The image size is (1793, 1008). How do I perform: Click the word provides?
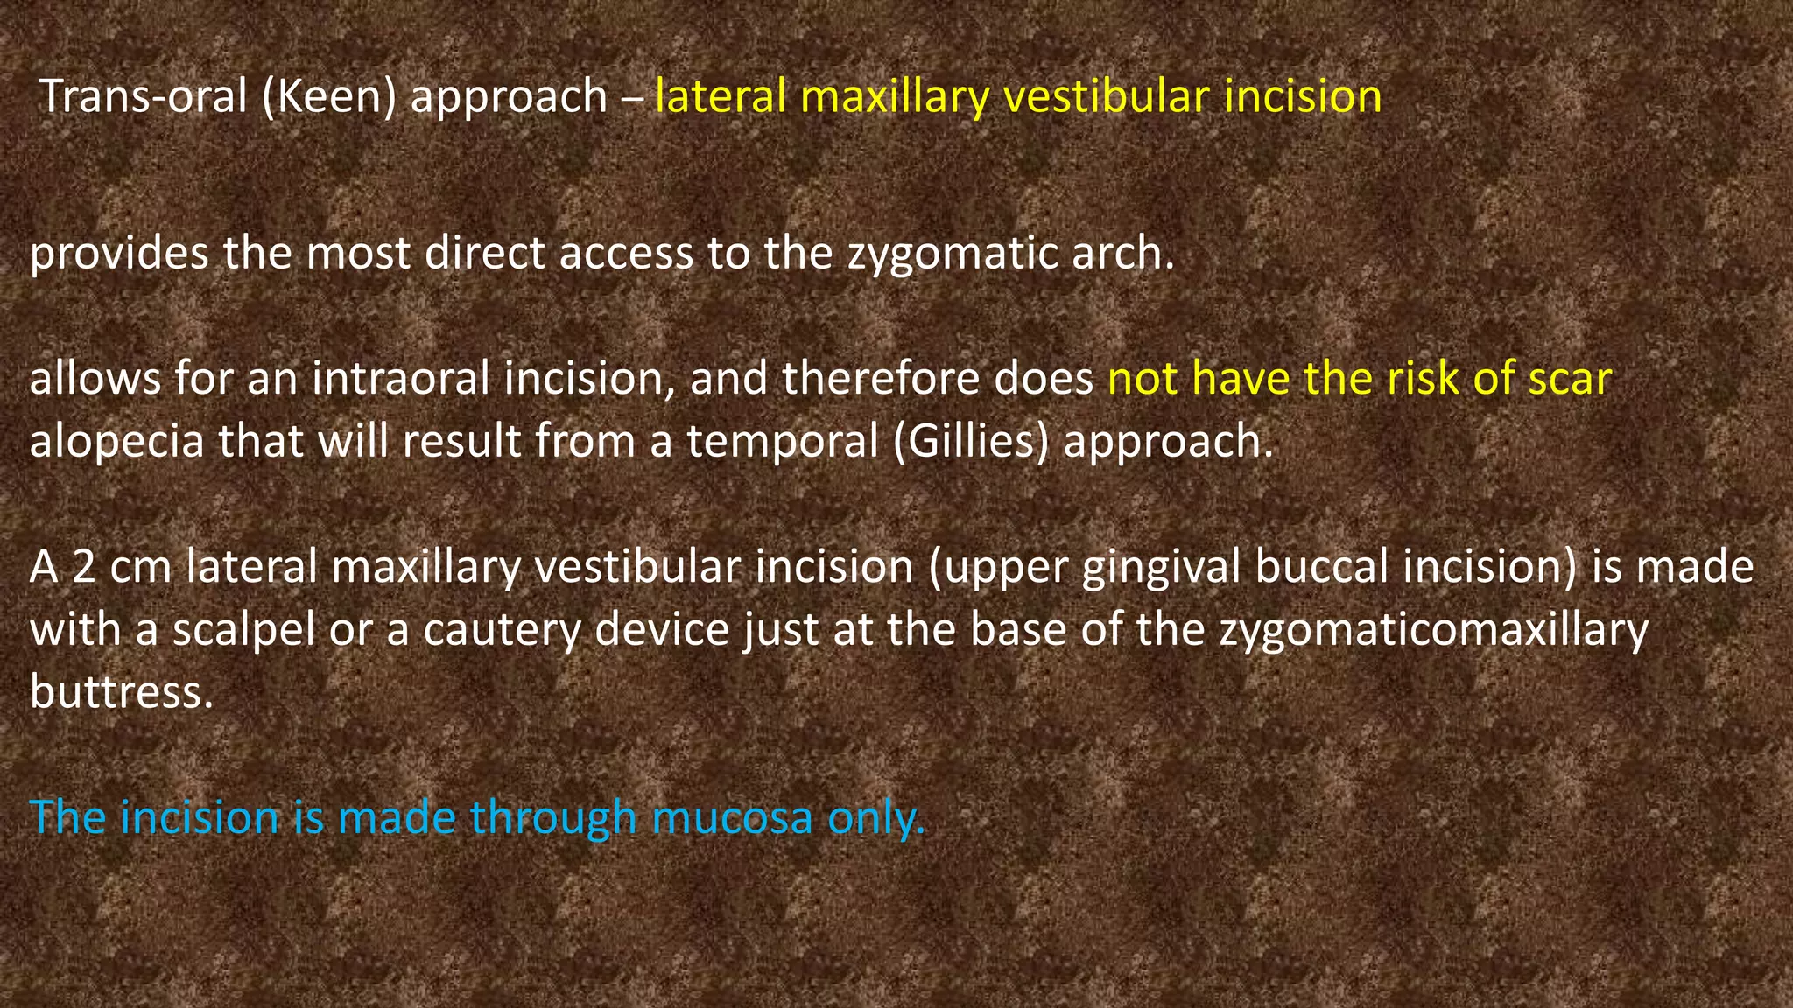click(x=119, y=254)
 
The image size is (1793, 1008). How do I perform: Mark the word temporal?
click(x=782, y=440)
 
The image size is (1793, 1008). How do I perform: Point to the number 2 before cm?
click(x=84, y=567)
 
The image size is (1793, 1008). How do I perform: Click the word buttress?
click(x=122, y=691)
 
